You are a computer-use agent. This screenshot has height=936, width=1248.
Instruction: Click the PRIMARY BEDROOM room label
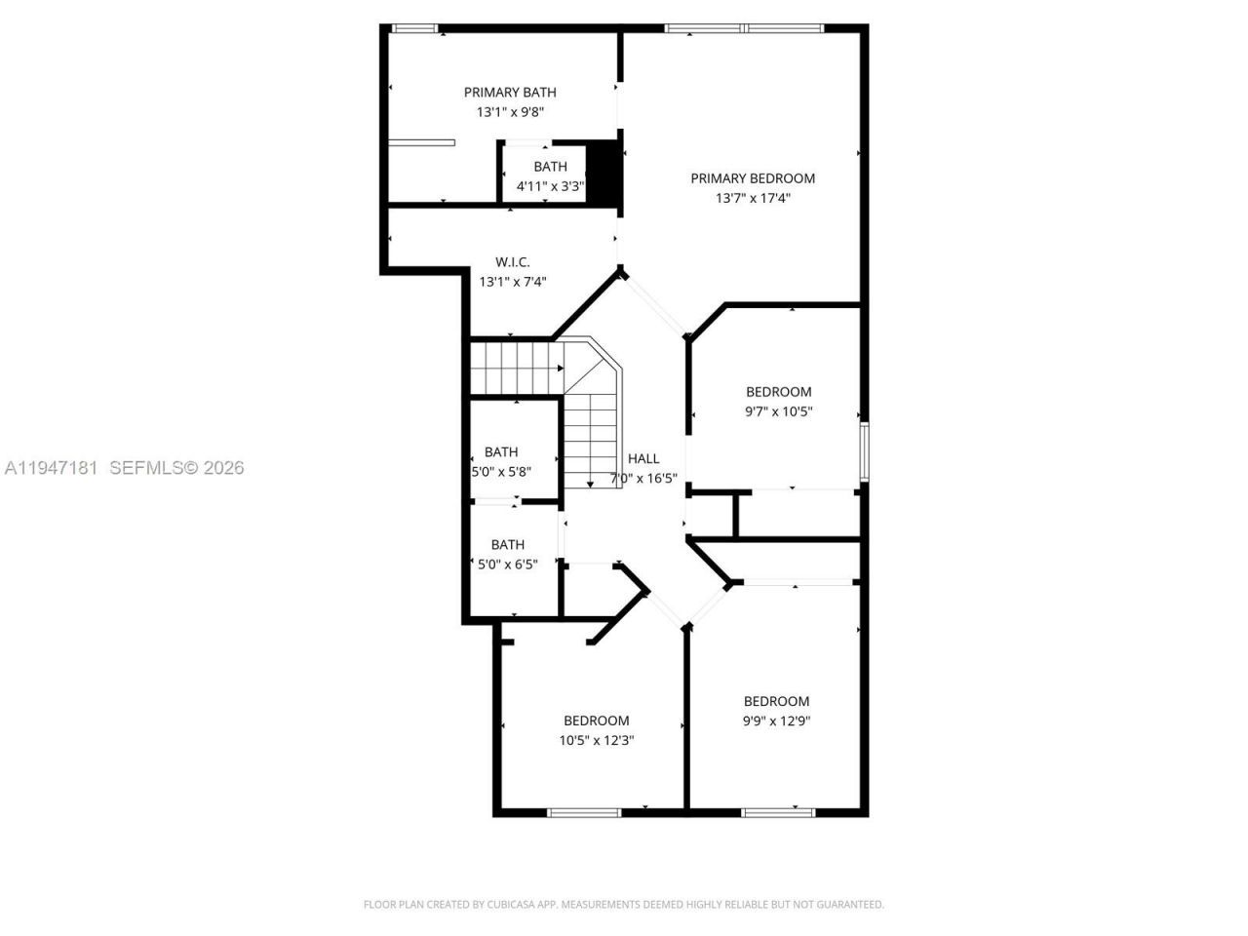point(753,178)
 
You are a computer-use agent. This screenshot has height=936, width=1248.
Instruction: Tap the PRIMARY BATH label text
point(510,93)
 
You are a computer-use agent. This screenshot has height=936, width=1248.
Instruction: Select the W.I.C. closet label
point(512,262)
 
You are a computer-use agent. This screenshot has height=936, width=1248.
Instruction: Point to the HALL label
point(643,458)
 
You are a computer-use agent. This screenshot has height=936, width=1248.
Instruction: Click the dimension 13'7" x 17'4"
point(753,198)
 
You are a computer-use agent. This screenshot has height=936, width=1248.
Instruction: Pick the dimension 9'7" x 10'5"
point(778,411)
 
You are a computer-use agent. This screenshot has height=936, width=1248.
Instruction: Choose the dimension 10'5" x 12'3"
point(597,740)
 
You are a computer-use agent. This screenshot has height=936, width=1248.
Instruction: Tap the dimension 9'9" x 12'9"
point(777,721)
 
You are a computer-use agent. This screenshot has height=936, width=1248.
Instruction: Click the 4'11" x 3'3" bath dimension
point(550,186)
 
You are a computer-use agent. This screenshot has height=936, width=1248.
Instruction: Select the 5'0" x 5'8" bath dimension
point(501,472)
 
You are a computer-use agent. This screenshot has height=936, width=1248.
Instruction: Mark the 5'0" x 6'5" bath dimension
point(507,564)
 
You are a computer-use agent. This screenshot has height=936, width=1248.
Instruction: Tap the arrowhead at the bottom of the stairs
point(590,484)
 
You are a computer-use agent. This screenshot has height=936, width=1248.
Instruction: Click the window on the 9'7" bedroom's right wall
point(864,451)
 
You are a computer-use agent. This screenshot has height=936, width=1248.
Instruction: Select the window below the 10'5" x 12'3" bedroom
point(584,812)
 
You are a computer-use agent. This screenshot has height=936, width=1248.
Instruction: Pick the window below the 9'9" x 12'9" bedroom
point(777,812)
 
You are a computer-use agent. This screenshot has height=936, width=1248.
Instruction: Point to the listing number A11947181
point(51,468)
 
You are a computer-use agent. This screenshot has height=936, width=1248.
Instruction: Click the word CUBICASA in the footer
point(513,905)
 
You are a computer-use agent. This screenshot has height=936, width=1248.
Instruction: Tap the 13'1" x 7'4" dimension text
point(512,282)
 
